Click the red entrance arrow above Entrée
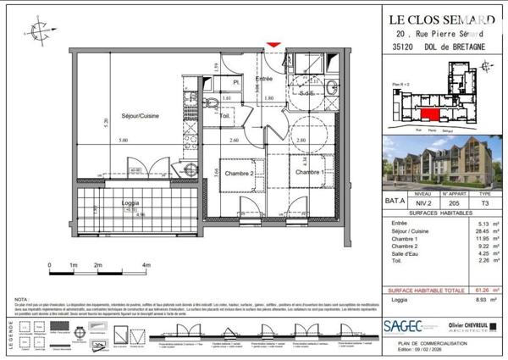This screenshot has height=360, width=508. pos(273,45)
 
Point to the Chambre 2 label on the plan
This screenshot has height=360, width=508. pos(239,172)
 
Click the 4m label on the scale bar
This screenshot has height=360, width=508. pos(146,266)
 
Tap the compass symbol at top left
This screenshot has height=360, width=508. pos(37,32)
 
